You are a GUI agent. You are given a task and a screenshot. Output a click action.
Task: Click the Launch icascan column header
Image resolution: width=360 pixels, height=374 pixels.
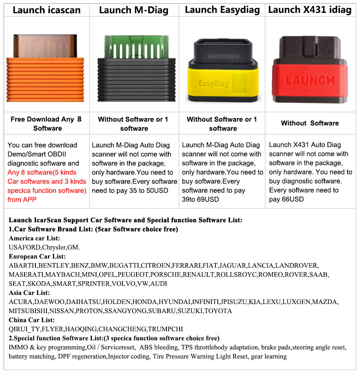47,10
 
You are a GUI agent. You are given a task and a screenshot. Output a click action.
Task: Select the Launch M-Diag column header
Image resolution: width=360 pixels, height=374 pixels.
133,10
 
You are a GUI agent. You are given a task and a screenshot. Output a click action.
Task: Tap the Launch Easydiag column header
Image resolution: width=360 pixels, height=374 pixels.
222,10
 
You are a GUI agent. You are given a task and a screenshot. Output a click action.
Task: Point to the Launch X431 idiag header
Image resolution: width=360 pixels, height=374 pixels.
310,10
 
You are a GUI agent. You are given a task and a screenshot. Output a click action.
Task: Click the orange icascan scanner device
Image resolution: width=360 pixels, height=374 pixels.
45,68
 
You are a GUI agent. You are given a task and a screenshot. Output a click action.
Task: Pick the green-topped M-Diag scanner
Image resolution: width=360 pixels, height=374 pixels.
137,69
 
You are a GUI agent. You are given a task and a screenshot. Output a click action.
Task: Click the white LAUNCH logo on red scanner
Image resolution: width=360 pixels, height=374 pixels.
310,80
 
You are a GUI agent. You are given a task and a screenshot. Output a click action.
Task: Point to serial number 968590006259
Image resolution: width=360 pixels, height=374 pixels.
223,56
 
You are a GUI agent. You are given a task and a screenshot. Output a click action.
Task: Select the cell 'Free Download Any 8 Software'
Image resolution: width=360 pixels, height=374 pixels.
47,123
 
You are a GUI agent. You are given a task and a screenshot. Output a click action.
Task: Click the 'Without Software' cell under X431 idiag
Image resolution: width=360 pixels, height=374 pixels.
310,123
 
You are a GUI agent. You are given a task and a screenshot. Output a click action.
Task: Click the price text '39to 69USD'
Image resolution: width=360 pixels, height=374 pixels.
200,199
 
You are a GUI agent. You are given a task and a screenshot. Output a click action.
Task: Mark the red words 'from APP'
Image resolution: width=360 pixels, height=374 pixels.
22,199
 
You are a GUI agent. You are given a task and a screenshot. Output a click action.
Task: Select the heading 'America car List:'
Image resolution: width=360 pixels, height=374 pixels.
34,238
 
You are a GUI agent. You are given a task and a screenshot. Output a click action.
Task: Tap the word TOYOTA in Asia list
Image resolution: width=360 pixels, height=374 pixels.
218,311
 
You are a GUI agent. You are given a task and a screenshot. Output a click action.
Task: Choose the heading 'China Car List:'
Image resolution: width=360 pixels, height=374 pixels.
32,320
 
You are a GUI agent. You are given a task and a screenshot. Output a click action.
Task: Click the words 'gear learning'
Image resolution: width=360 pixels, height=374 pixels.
269,356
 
